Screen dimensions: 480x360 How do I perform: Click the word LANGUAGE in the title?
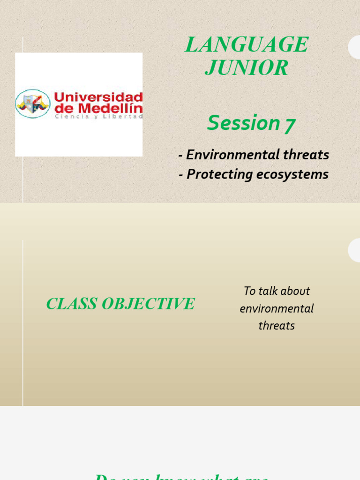tap(247, 45)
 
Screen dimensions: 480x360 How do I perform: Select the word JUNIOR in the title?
tap(247, 68)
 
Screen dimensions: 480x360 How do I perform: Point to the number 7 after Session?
tap(290, 125)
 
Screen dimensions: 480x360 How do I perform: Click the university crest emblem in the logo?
tap(32, 104)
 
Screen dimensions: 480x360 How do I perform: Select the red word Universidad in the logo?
tap(98, 97)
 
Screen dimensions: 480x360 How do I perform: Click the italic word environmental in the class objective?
tap(277, 308)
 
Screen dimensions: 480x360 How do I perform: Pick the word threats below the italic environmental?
tap(277, 325)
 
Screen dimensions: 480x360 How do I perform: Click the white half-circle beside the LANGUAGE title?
tap(354, 47)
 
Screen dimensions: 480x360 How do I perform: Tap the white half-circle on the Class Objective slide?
tap(354, 250)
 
